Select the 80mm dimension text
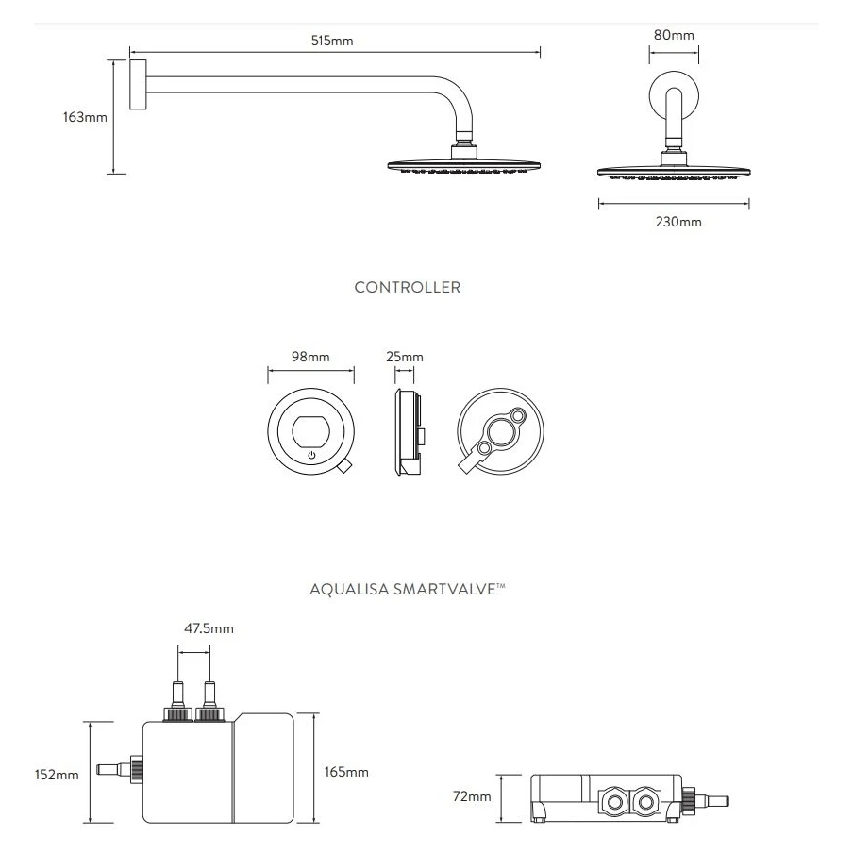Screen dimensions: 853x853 tap(674, 35)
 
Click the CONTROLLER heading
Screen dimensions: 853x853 tap(408, 288)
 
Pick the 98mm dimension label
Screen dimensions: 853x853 tap(310, 357)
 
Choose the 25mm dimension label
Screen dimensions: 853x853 tap(406, 357)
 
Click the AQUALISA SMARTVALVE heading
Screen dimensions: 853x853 tap(408, 590)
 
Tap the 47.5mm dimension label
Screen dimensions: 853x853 tap(209, 628)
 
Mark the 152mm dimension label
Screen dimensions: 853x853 tap(57, 775)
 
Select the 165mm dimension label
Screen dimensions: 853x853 tap(345, 772)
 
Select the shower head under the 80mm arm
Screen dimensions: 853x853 tap(673, 171)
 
